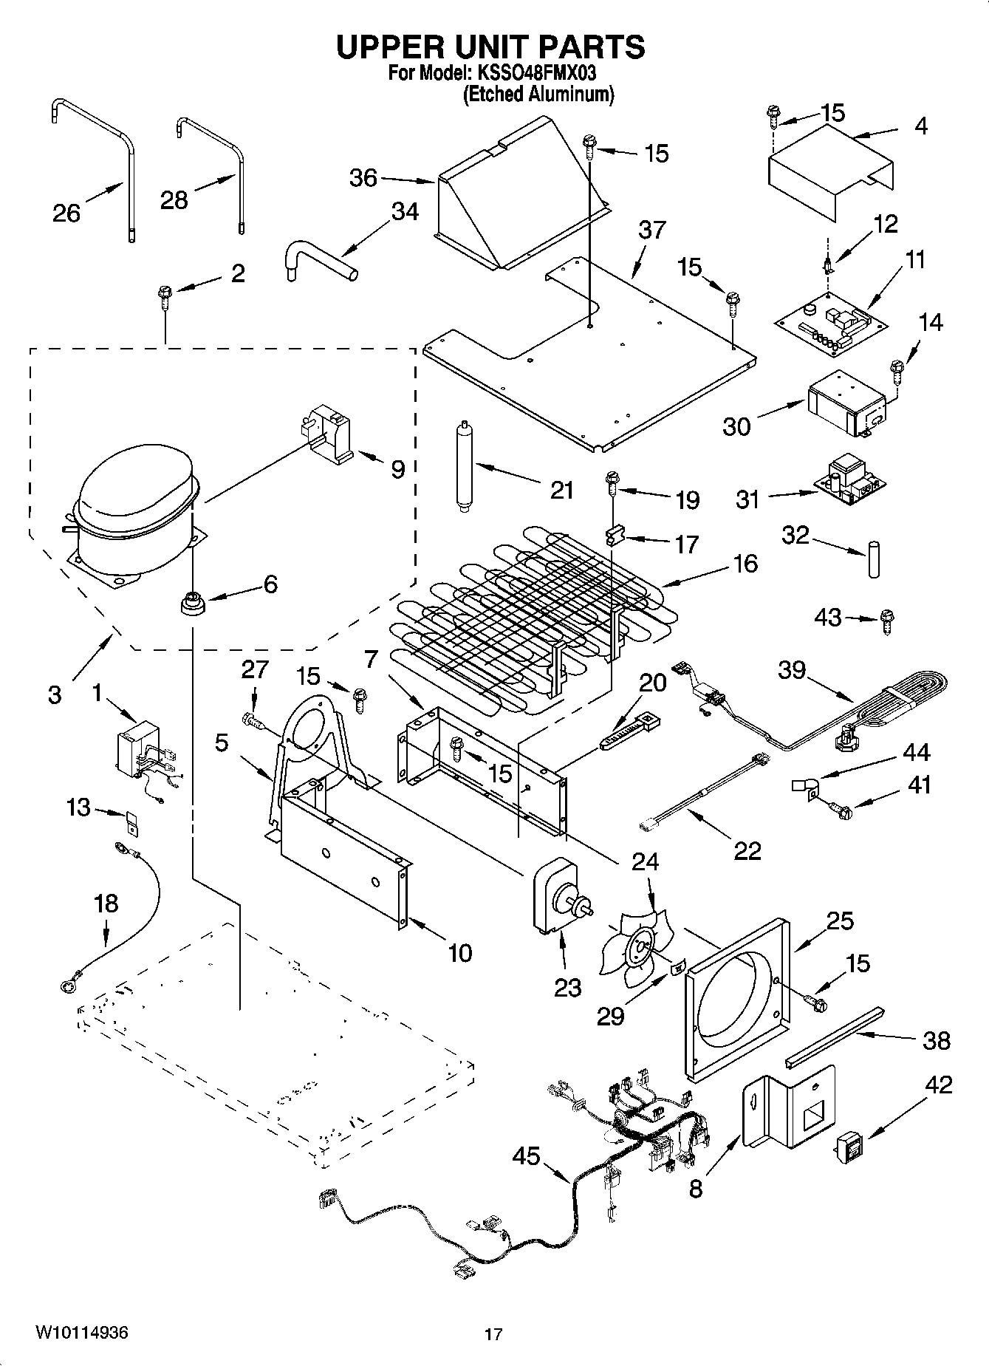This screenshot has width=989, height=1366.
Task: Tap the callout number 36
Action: point(363,178)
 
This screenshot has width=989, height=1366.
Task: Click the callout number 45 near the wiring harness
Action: point(526,1156)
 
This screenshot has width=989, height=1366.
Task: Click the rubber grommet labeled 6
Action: point(194,602)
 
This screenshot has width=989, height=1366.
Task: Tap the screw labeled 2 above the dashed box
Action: point(164,299)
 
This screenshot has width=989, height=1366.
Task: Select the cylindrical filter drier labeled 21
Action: point(465,465)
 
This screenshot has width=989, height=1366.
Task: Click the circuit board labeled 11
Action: point(832,322)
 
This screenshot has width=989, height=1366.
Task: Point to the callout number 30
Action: point(736,426)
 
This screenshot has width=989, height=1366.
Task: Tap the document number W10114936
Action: point(81,1333)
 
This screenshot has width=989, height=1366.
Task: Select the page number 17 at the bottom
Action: point(493,1334)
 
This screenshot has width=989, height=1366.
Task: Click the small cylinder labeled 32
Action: point(875,560)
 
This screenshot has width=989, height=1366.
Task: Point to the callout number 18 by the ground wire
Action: point(106,903)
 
